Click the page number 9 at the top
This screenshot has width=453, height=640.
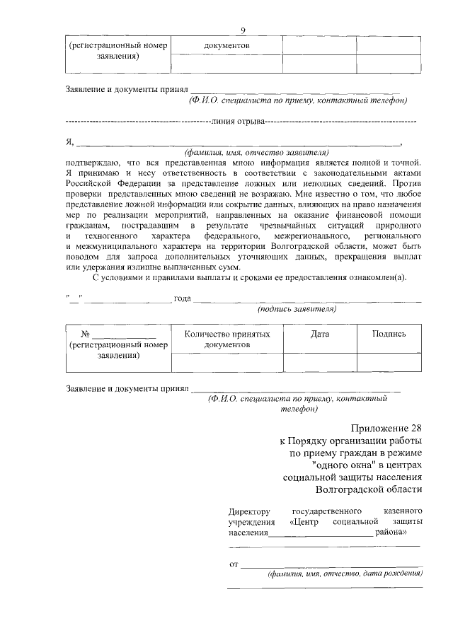[x=243, y=30]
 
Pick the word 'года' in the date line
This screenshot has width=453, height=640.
[x=183, y=298]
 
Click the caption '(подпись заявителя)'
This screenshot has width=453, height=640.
[x=297, y=309]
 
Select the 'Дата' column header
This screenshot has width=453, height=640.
[x=319, y=333]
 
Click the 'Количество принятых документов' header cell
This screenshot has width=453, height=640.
[x=227, y=339]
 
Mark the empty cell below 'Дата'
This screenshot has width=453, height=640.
[x=319, y=362]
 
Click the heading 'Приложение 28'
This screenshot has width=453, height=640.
[x=386, y=429]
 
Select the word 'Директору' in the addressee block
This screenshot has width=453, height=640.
[x=250, y=511]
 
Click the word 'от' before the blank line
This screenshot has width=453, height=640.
[x=233, y=564]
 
